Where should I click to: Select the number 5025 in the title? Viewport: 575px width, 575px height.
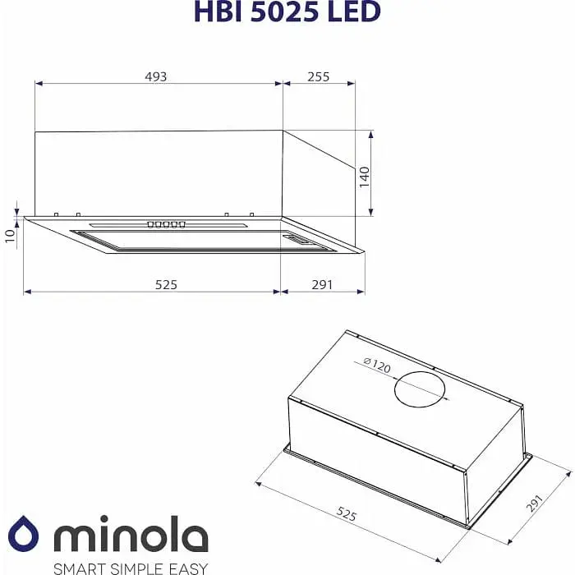(x=284, y=11)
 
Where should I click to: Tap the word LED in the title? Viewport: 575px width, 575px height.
(x=355, y=11)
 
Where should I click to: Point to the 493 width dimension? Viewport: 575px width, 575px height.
(x=156, y=76)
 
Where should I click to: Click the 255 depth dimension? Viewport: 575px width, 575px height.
(x=318, y=76)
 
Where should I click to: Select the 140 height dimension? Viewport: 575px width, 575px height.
(x=365, y=177)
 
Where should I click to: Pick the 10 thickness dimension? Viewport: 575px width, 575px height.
(x=10, y=236)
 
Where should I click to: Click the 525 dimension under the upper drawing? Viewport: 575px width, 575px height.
(x=167, y=284)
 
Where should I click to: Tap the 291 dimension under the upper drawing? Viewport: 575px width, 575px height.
(x=322, y=284)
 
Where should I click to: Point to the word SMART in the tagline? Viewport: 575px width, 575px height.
(x=79, y=568)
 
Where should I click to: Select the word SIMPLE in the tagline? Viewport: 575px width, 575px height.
(x=139, y=568)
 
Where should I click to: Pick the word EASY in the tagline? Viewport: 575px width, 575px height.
(x=189, y=568)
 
